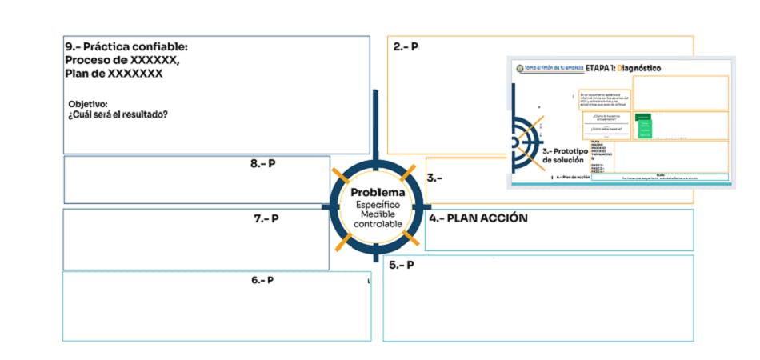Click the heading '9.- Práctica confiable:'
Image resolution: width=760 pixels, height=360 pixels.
[x=126, y=47]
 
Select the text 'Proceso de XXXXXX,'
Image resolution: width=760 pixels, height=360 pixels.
[x=122, y=60]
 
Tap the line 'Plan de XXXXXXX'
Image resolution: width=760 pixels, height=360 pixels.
[x=114, y=74]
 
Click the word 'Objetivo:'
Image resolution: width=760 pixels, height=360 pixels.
[x=88, y=104]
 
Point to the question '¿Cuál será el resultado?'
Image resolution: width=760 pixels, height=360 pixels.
[x=118, y=114]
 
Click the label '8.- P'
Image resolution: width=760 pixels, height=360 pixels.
[x=262, y=163]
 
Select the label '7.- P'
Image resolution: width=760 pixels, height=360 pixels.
[x=266, y=218]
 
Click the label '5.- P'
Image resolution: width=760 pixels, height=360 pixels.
[x=402, y=265]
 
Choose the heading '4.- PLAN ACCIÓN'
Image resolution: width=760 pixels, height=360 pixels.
[x=478, y=218]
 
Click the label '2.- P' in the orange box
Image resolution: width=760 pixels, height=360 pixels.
[x=406, y=47]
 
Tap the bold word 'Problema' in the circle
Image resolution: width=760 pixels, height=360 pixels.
[x=378, y=193]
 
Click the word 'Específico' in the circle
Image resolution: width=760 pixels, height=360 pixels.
[x=378, y=205]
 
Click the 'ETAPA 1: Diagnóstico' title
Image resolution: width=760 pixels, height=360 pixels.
[x=622, y=68]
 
